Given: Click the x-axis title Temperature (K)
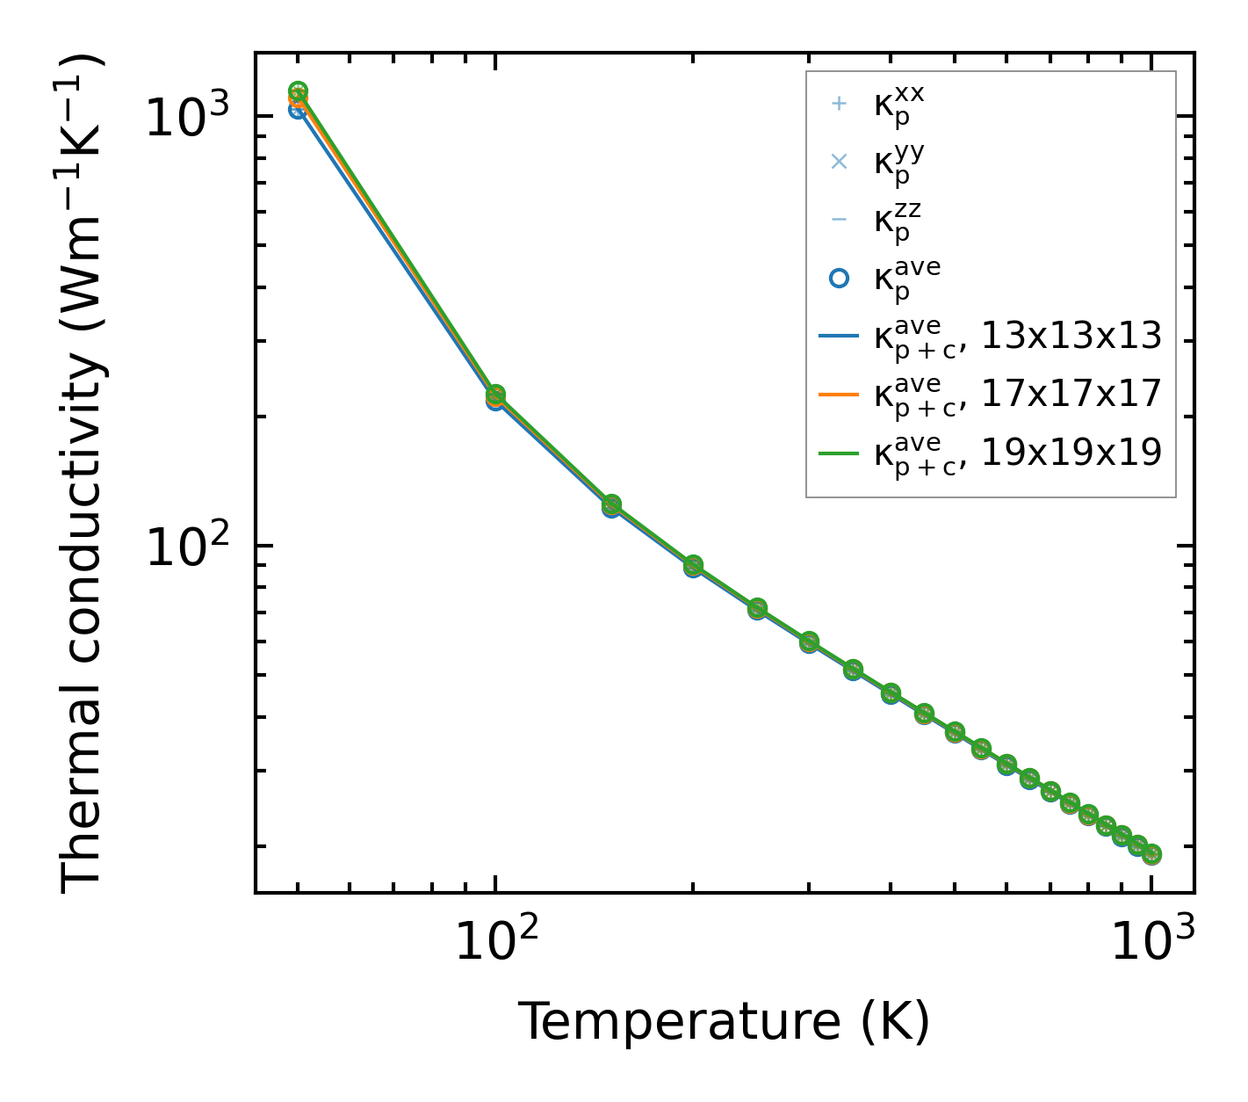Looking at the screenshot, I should click(724, 1021).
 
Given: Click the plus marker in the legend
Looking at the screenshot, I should click(839, 104).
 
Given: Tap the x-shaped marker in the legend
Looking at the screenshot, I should click(839, 162).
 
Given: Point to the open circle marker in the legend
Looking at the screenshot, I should click(839, 278).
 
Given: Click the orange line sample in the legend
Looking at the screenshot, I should click(839, 395).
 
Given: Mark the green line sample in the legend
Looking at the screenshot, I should click(839, 454).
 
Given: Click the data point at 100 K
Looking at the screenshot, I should click(495, 396).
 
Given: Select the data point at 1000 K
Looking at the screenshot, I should click(1151, 853).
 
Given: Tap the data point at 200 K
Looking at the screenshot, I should click(693, 566).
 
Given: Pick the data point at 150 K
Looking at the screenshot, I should click(611, 505).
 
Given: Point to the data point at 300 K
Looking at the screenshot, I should click(809, 642).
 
